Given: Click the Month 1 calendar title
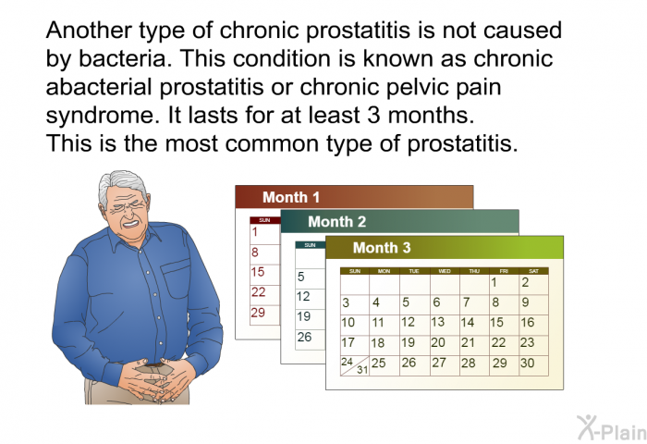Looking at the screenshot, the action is tap(291, 197).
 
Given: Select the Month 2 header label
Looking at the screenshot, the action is tap(337, 222).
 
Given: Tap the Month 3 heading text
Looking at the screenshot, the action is tap(382, 247).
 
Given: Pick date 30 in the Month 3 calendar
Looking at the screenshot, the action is tap(528, 363).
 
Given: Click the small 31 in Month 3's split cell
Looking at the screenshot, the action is tap(362, 369).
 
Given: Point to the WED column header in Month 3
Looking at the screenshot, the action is tap(445, 271).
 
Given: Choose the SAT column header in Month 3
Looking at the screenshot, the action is tap(533, 271).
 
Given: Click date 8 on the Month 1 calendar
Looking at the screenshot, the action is tap(255, 252).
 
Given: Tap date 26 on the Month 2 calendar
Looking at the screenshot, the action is tap(304, 337).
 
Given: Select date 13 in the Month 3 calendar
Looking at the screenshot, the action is tap(438, 322).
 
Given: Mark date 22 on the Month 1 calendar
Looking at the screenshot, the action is tap(258, 292).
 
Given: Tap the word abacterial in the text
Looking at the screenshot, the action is tap(99, 87).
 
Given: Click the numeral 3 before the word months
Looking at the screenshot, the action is tap(373, 116).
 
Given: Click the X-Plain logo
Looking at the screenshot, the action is tap(612, 428).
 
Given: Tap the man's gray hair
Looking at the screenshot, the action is tap(119, 185).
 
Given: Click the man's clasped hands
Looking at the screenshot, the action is tap(159, 381).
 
